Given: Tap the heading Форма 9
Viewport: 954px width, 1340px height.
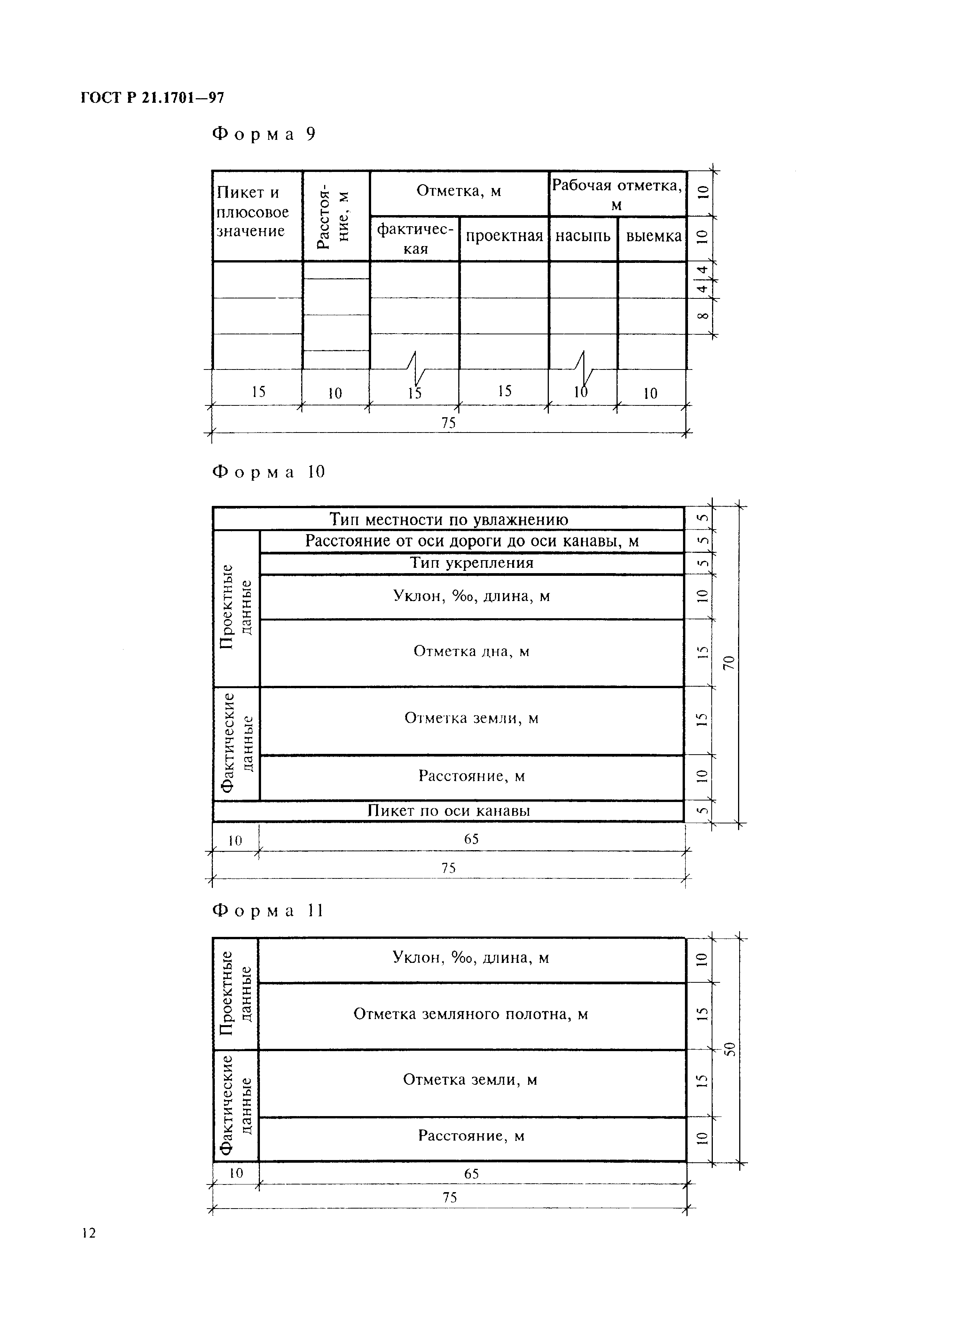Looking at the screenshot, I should click(264, 134).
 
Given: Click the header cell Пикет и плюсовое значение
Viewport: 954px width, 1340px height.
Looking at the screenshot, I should click(253, 212).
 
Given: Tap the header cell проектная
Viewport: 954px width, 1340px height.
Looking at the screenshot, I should click(504, 237).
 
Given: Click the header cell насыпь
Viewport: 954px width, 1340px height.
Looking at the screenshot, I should click(583, 237).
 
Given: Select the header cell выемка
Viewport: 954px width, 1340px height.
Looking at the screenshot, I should click(653, 237).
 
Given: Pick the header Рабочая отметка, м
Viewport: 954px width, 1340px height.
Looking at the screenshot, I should click(617, 194).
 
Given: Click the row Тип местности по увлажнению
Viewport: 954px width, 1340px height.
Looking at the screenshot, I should click(448, 520).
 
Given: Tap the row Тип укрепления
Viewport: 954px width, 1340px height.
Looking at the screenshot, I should click(472, 563).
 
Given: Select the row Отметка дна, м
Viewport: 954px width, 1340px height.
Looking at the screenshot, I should click(472, 651).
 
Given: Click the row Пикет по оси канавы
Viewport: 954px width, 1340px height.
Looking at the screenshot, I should click(448, 811).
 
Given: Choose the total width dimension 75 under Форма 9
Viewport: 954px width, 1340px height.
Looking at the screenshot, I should click(448, 423).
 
